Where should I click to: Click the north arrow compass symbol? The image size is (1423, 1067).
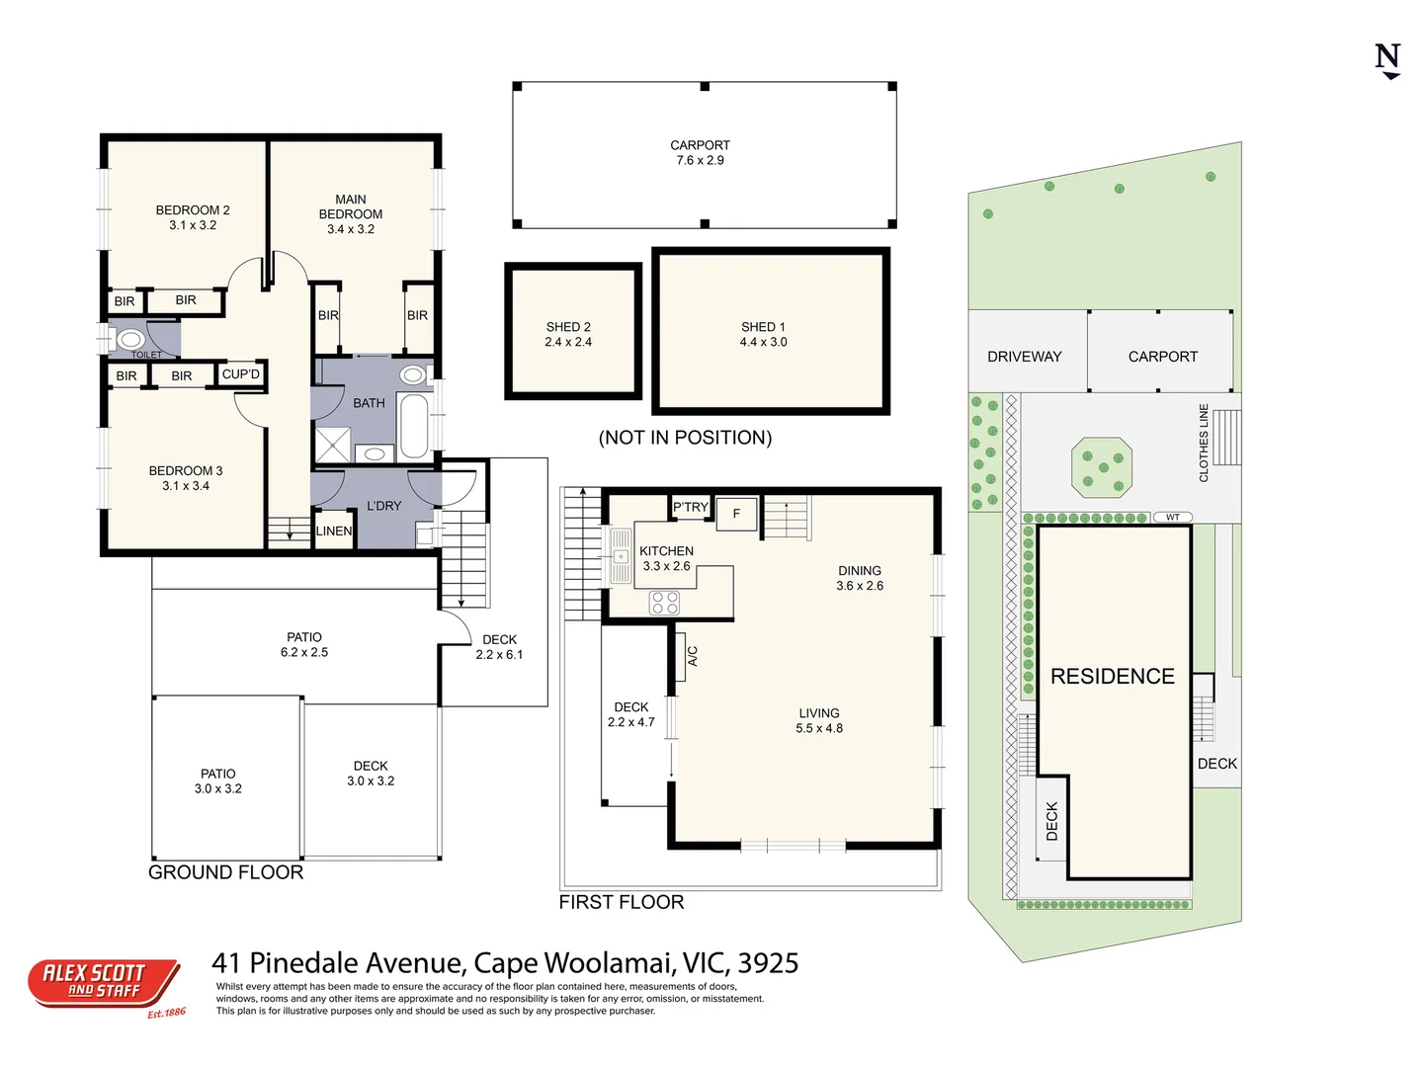pos(1388,60)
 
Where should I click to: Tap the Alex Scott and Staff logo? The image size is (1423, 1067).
pos(103,982)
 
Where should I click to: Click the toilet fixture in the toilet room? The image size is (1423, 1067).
pos(130,340)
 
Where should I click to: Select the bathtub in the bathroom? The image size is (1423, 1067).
pos(414,424)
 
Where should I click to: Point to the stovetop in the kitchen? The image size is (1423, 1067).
pos(664,602)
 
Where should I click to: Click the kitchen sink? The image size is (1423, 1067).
pos(621,554)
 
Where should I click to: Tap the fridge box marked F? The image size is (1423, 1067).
pos(736,514)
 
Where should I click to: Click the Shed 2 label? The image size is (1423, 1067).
pos(568,327)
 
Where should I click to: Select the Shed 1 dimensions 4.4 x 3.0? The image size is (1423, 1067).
pos(764,342)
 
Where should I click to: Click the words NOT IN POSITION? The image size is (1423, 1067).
pos(685,438)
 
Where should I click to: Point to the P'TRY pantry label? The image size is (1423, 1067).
pos(691,507)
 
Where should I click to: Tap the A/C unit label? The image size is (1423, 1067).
pos(693,656)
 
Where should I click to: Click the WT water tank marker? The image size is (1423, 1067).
pos(1173,517)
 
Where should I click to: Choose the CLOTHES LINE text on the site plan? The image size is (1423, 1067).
pos(1204,443)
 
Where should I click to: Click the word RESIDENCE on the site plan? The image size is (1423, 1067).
pos(1113,677)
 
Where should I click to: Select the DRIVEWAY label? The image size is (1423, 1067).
pos(1025,357)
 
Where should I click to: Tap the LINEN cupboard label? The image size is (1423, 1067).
pos(334,531)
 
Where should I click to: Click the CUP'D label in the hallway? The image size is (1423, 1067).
pos(241,374)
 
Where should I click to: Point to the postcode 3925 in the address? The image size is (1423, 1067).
pos(769,963)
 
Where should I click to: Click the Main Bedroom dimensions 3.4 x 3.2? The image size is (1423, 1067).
pos(351,229)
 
